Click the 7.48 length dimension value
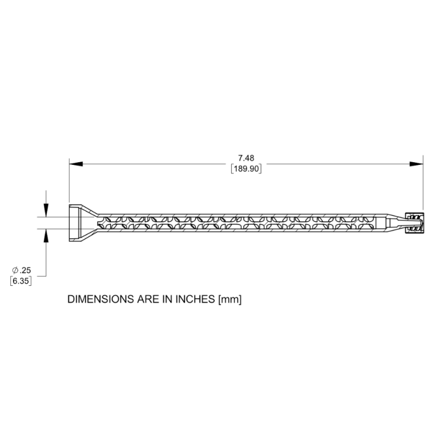tap(246, 158)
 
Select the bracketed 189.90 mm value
tap(246, 169)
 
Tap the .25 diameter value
tap(25, 270)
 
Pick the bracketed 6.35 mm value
tap(21, 281)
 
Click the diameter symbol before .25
tap(15, 270)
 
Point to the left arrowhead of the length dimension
tap(76, 164)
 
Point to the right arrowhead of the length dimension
tap(417, 164)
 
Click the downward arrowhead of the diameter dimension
tap(46, 210)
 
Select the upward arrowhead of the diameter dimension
tap(46, 235)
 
